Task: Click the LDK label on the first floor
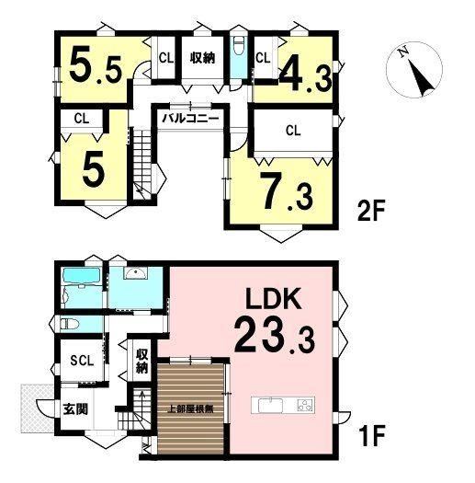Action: point(274,298)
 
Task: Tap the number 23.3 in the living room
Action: point(275,337)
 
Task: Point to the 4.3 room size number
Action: point(306,77)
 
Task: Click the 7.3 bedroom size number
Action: point(287,191)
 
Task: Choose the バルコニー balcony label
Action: point(191,119)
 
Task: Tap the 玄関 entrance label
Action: point(75,409)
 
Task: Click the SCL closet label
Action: point(82,361)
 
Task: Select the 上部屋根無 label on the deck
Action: point(191,409)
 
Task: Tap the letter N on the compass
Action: point(402,52)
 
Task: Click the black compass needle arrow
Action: point(421,78)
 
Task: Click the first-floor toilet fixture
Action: point(70,324)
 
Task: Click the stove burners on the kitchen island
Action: point(304,405)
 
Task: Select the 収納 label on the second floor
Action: point(202,58)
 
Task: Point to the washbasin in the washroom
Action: point(135,273)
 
